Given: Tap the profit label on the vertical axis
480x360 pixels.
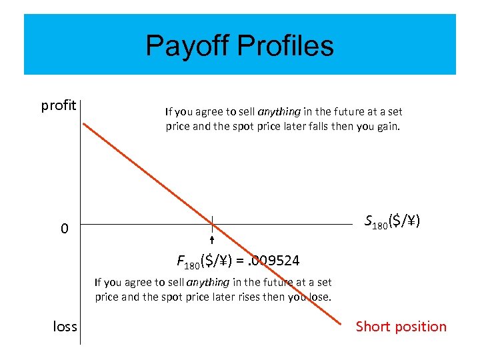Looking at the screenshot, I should click(x=59, y=105).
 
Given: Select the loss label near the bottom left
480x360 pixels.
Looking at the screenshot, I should click(x=65, y=326).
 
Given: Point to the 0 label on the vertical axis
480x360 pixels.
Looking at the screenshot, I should click(x=64, y=229).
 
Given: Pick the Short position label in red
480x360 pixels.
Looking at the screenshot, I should click(x=401, y=326).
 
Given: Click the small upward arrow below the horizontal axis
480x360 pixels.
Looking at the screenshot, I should click(x=211, y=240).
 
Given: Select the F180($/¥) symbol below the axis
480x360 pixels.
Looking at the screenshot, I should click(x=206, y=260).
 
